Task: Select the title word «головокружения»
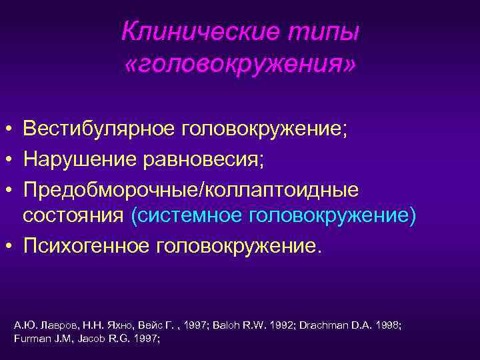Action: tap(240, 64)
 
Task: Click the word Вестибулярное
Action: tap(97, 127)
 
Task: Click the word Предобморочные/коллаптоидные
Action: tap(191, 190)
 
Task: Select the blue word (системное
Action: tap(186, 217)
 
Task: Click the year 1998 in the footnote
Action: tap(388, 325)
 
